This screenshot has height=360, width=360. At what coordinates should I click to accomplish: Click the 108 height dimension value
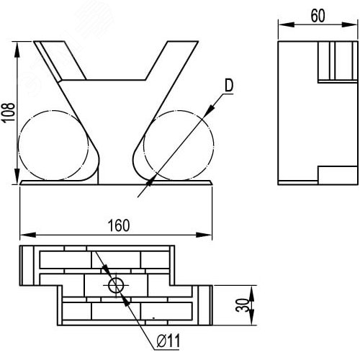click(x=9, y=112)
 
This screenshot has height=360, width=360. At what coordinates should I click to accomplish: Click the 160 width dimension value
click(x=119, y=225)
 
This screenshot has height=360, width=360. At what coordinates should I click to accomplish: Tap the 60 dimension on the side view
click(x=318, y=16)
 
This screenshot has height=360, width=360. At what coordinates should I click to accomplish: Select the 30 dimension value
click(x=242, y=305)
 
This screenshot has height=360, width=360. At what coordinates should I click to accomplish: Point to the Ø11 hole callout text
click(x=168, y=341)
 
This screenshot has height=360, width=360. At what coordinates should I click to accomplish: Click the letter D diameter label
click(x=229, y=86)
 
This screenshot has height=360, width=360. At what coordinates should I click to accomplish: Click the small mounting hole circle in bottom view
click(x=116, y=285)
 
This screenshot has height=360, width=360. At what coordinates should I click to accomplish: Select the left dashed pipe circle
click(x=53, y=145)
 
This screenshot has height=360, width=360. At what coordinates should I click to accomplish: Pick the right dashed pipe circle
click(x=179, y=145)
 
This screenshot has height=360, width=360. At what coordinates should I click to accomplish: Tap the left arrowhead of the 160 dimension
click(x=27, y=235)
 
